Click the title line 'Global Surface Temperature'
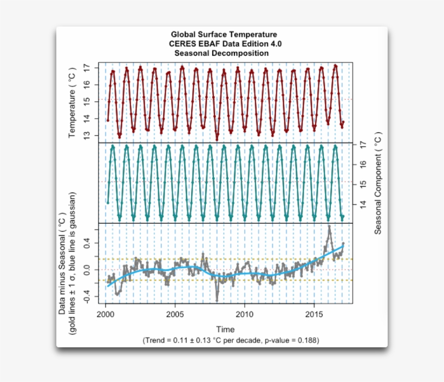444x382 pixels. pos(224,35)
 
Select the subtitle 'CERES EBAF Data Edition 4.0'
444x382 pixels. pos(224,44)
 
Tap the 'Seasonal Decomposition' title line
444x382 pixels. pos(221,53)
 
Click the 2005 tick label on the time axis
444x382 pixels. pos(175,314)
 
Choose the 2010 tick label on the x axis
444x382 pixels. pos(245,314)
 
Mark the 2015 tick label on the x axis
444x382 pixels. pos(315,314)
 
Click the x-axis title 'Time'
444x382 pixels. pos(225,329)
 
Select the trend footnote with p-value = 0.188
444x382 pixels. pos(231,340)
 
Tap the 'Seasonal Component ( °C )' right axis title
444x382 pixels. pos(378,183)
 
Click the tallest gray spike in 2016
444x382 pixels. pos(329,226)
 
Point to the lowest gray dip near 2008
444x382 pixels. pos(217,300)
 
